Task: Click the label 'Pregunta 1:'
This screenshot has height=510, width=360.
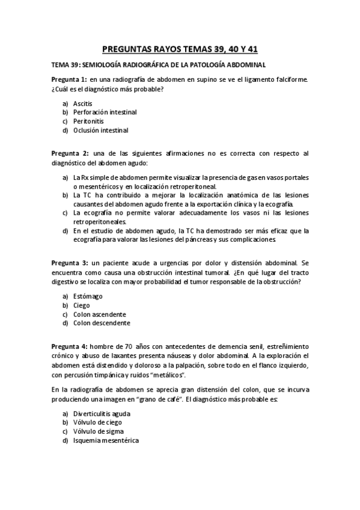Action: tap(69, 79)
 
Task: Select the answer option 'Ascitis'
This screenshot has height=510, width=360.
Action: tap(83, 103)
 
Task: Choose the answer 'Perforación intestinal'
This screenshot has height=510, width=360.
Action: tap(105, 112)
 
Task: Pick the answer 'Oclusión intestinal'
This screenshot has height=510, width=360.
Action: tap(100, 130)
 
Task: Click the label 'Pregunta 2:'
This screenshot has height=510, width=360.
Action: tap(70, 153)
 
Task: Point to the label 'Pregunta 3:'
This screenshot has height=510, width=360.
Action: tap(70, 263)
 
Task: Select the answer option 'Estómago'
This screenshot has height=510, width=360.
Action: tap(88, 296)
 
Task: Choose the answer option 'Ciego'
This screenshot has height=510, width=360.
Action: tap(82, 305)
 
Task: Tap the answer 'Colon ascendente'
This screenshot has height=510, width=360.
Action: tap(99, 314)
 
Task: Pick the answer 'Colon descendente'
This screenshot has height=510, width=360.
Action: tap(101, 323)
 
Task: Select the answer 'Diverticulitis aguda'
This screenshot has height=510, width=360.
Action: tap(102, 414)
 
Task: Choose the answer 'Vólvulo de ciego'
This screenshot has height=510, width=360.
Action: tap(97, 423)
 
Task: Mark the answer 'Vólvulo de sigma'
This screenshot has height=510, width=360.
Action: tap(98, 432)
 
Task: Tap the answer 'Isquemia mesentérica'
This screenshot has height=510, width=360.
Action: tap(105, 441)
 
